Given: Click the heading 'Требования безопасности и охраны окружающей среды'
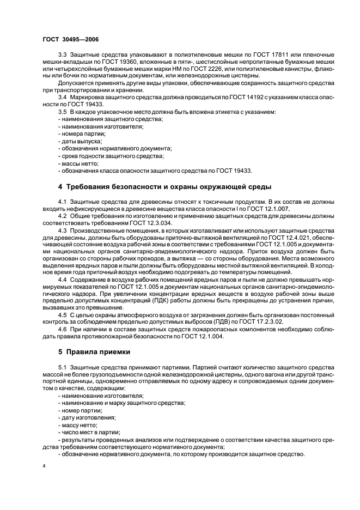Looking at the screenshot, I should [x=164, y=187].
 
